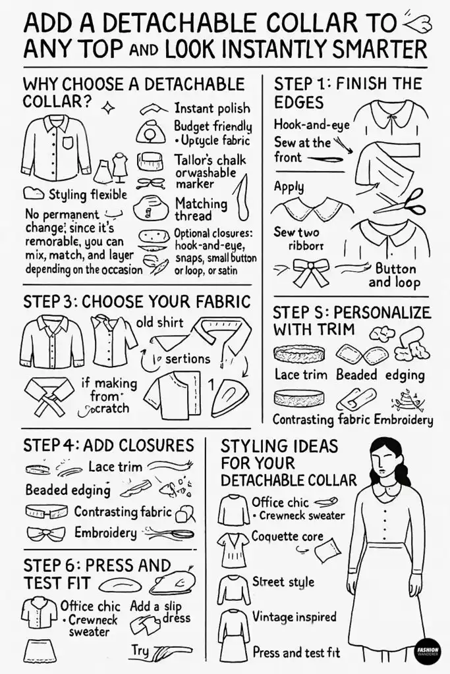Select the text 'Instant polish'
coord(211,108)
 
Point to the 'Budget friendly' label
coord(212,126)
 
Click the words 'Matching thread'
coord(201,209)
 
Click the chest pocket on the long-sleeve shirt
coord(69,143)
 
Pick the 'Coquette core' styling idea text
coord(287,536)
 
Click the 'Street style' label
coord(283,582)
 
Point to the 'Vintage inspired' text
coord(294,617)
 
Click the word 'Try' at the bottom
coord(140,650)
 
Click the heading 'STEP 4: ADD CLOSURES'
coord(108,444)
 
